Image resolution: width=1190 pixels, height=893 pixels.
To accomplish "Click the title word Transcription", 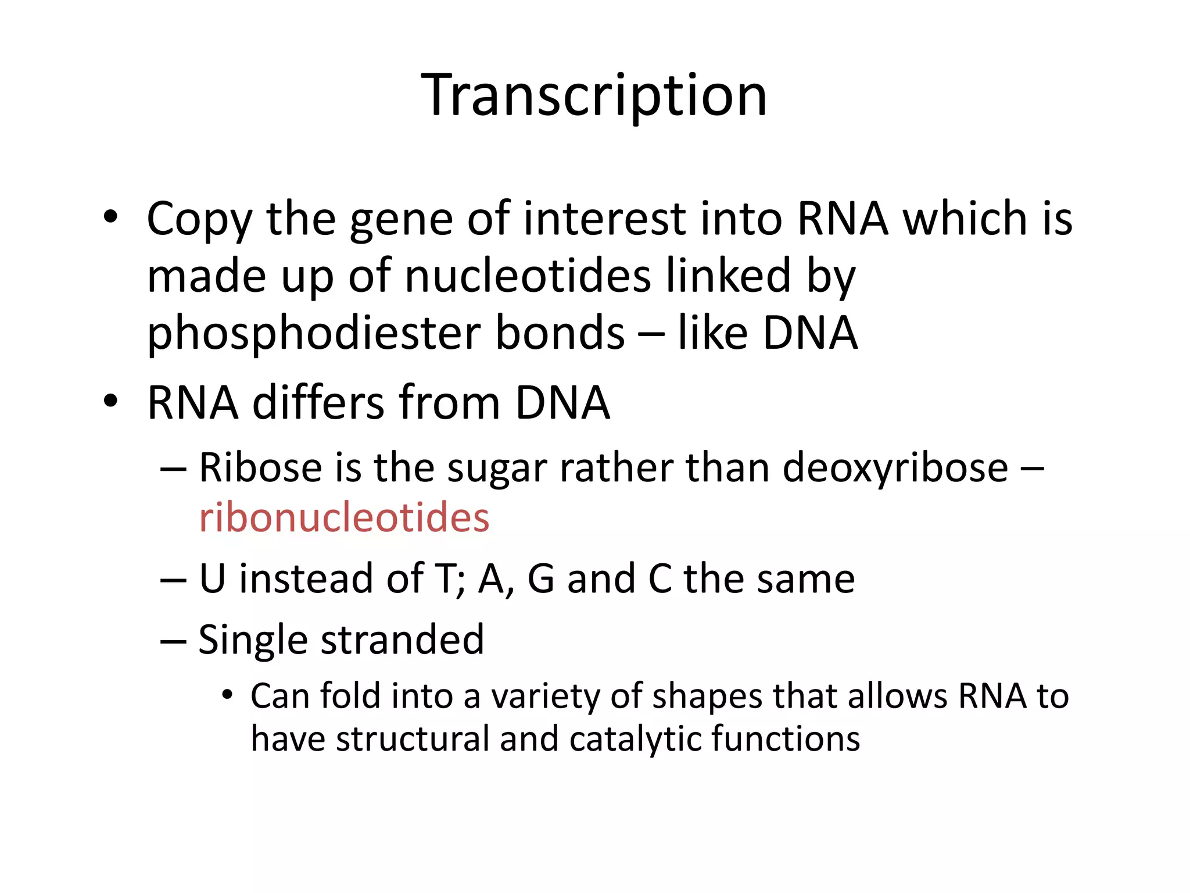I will pyautogui.click(x=594, y=96).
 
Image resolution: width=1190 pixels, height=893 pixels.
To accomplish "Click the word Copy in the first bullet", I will pyautogui.click(x=199, y=220).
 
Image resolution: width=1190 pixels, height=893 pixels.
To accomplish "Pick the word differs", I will pyautogui.click(x=317, y=402).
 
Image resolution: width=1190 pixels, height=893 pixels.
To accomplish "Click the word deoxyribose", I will pyautogui.click(x=895, y=468).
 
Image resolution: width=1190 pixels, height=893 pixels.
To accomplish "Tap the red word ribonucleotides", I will pyautogui.click(x=344, y=517).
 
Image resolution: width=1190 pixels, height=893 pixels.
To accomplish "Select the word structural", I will pyautogui.click(x=413, y=739).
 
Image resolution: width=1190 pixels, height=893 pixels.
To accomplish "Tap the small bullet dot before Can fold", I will pyautogui.click(x=227, y=695).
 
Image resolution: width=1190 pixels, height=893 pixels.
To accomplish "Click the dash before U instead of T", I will pyautogui.click(x=173, y=580).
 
